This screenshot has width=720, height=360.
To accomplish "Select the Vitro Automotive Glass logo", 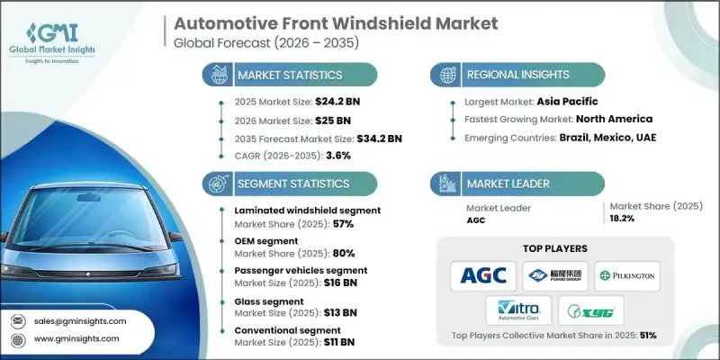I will [519, 311].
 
